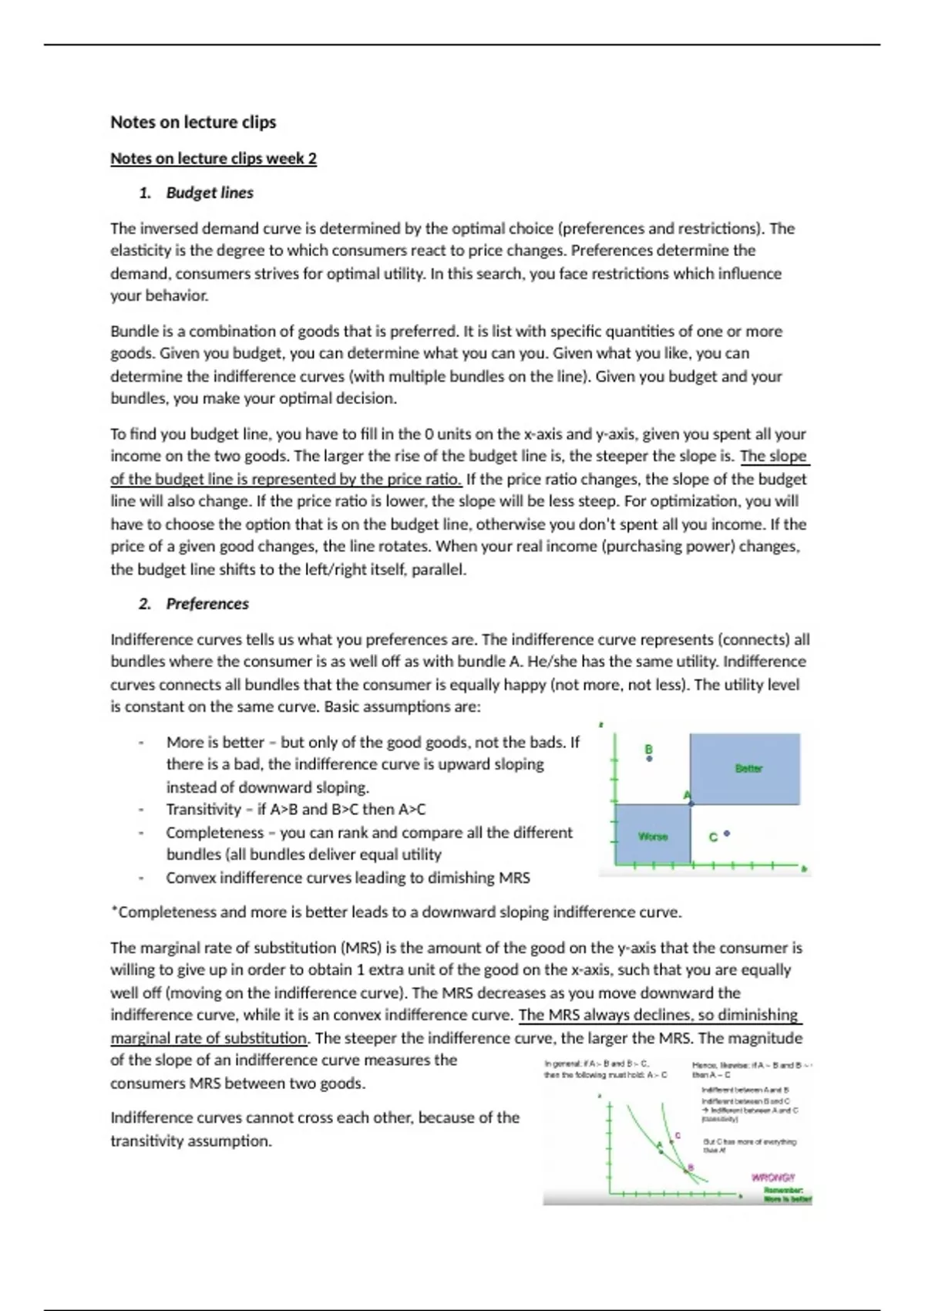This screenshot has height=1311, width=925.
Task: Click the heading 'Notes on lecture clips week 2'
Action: point(213,159)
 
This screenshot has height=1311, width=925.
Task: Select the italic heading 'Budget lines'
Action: point(210,193)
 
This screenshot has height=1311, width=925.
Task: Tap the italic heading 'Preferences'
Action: point(207,604)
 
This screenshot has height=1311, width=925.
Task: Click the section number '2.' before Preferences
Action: point(145,604)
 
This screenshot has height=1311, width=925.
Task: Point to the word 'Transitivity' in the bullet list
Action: point(203,810)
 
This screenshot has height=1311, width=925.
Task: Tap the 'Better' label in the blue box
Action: point(748,768)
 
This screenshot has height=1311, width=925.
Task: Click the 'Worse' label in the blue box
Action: point(653,836)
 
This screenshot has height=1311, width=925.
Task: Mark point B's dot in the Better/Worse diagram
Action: point(649,759)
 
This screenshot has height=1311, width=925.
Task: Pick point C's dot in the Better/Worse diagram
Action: point(727,834)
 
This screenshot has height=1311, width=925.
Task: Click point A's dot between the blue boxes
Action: point(691,804)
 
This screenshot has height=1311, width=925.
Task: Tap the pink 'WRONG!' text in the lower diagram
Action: point(772,1178)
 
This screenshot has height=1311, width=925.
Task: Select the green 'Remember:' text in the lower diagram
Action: point(784,1190)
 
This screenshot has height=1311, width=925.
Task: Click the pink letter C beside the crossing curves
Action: point(678,1135)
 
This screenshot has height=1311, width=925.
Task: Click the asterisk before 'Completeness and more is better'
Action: point(113,911)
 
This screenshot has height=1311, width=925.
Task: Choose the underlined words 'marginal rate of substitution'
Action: point(208,1038)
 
